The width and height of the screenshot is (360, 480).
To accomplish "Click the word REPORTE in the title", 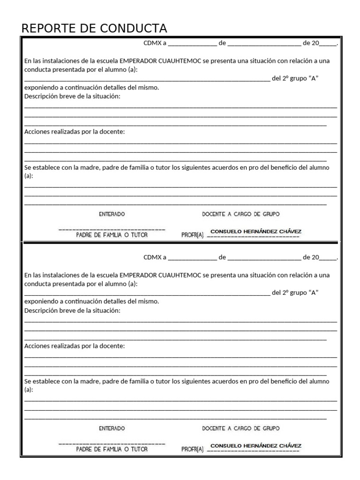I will [x=44, y=29].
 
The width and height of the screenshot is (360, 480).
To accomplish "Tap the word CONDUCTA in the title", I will [x=134, y=29].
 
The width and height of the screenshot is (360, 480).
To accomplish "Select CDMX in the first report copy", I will [x=152, y=43].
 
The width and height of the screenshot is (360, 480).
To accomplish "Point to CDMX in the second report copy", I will [x=152, y=257].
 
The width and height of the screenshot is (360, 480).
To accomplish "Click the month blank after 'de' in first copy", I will [x=263, y=44].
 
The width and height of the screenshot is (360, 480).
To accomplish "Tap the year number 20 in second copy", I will [x=315, y=257].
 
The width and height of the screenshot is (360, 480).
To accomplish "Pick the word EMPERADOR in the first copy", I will [x=138, y=61].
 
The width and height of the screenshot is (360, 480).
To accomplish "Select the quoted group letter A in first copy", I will [x=314, y=78].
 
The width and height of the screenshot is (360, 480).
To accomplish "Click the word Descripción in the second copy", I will [x=43, y=310].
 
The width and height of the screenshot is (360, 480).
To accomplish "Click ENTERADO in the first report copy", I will [x=112, y=214].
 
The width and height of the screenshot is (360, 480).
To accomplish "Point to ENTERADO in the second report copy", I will [x=112, y=428].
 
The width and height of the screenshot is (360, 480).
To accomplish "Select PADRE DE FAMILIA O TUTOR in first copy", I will [x=112, y=235].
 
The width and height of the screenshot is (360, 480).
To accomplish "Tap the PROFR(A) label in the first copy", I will [x=192, y=235].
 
